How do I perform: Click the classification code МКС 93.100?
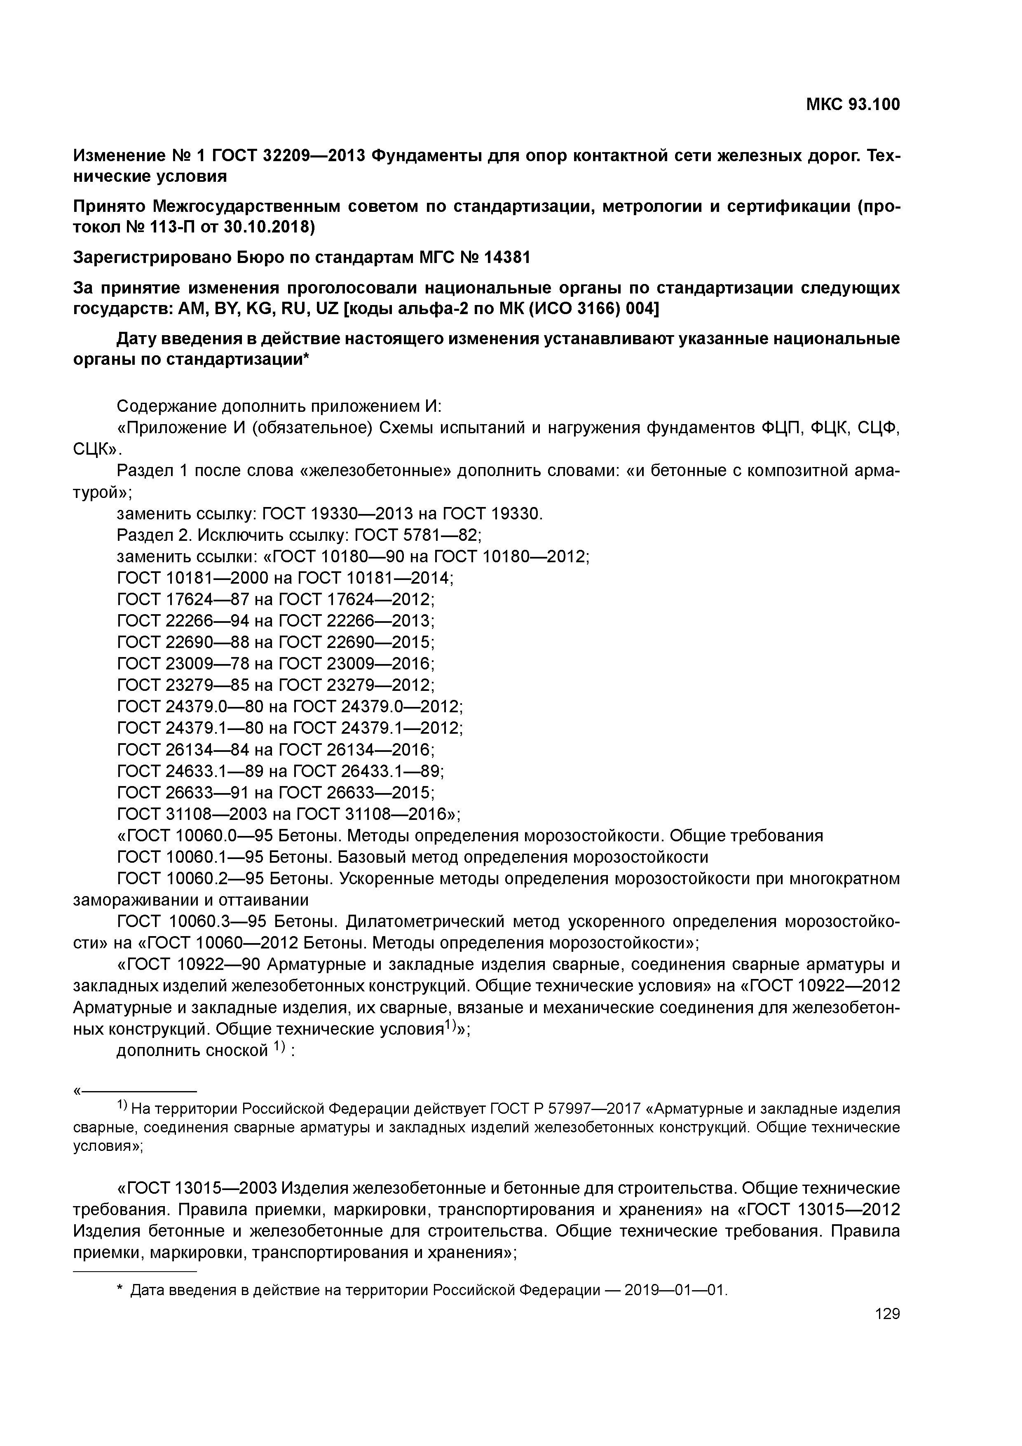coord(853,105)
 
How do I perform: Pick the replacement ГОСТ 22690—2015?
coord(356,642)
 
